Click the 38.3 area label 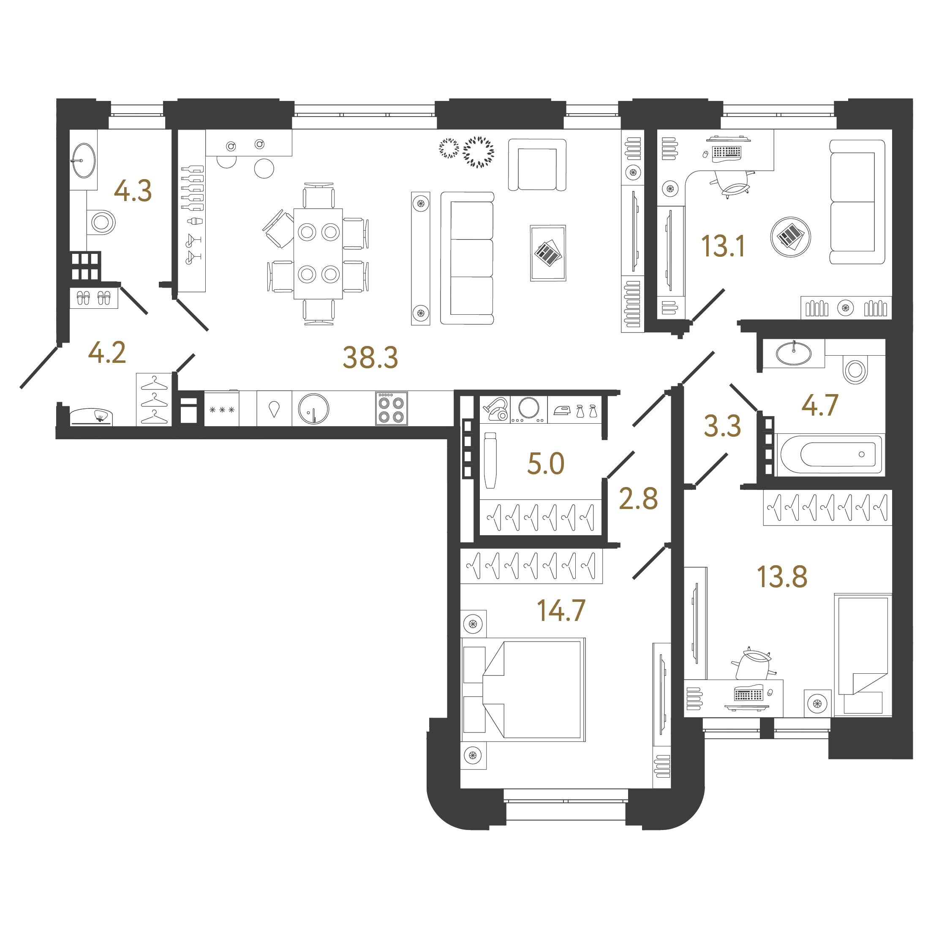click(x=370, y=357)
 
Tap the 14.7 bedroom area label click(x=561, y=610)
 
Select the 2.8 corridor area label click(x=638, y=498)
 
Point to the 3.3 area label click(x=722, y=426)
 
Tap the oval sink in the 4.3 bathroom click(x=84, y=160)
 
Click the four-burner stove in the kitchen click(x=391, y=409)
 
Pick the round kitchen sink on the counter click(x=314, y=409)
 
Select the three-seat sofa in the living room click(x=467, y=258)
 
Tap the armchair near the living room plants click(x=537, y=165)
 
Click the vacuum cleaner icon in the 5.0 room click(x=496, y=409)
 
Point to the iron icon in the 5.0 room click(x=561, y=410)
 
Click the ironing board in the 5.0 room click(x=490, y=460)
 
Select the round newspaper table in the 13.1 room click(x=790, y=237)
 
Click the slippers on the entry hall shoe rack click(x=93, y=298)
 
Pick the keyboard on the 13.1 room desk click(x=727, y=152)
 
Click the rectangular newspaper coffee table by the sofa click(x=548, y=253)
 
